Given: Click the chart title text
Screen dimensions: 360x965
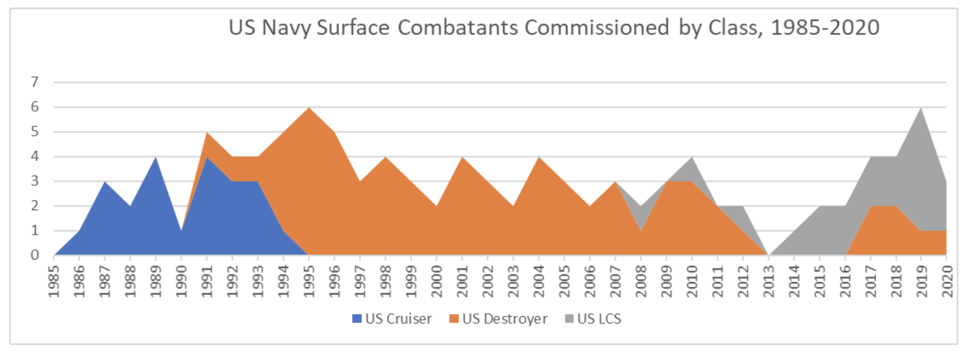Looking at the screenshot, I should point(554,28).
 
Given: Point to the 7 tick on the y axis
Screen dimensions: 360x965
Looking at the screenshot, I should point(34,82).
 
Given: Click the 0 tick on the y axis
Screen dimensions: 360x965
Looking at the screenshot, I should point(34,255).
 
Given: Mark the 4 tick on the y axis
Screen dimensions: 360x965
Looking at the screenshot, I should point(34,157).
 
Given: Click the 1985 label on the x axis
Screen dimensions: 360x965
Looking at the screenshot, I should point(54,281).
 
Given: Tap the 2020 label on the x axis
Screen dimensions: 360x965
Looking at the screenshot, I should point(947,281).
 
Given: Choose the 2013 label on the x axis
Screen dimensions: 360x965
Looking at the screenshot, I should point(768,281).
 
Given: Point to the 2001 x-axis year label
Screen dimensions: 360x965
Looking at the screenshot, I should point(462,281).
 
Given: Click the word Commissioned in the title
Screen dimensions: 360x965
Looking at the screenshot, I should point(596,28).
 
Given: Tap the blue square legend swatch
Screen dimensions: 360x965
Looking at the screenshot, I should point(356,319).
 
